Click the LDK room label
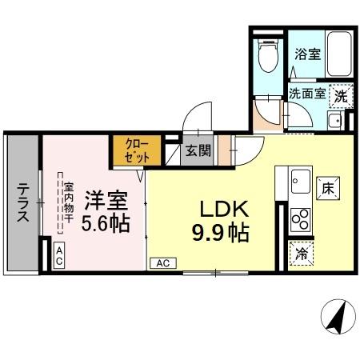[x=226, y=209]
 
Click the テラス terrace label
[x=23, y=203]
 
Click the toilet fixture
[x=269, y=58]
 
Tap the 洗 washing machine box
[x=341, y=94]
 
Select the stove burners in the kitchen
[x=300, y=216]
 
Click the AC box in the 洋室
[x=60, y=254]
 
